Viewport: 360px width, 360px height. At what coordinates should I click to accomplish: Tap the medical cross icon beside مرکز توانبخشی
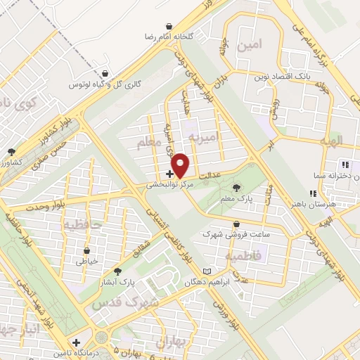point(169,173)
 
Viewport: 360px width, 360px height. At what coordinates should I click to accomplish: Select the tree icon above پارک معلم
point(236,188)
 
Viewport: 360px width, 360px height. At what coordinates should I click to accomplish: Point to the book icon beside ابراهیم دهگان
point(206,271)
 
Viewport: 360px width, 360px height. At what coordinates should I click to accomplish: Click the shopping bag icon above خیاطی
point(86,250)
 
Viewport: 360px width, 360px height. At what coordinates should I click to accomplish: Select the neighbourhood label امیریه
point(210,135)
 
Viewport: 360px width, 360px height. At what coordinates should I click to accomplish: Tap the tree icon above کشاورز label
point(11,152)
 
